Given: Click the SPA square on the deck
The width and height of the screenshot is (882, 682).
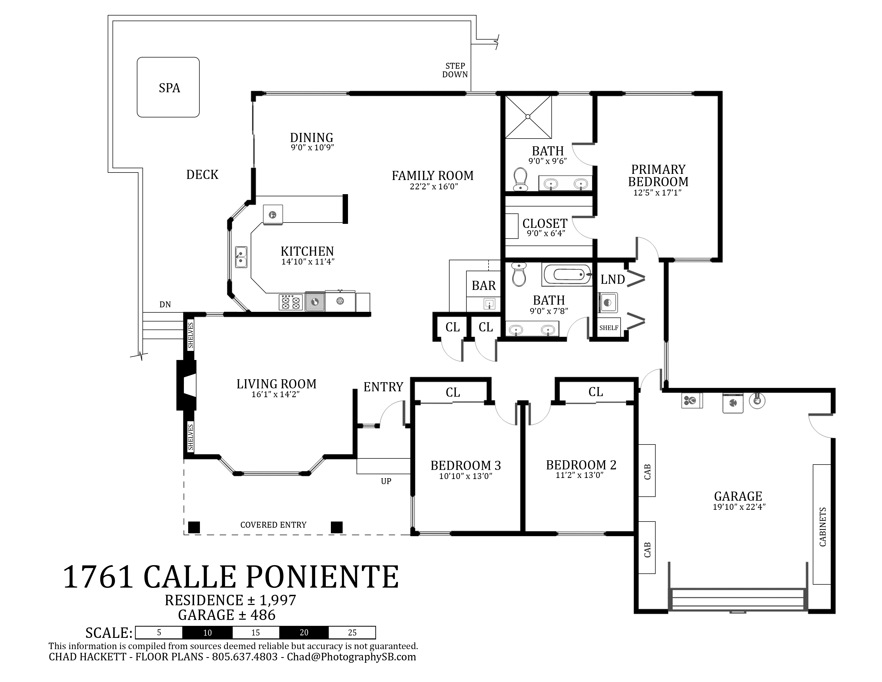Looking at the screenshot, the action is pos(168,87).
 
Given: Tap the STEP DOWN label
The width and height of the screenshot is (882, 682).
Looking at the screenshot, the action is pos(455,70).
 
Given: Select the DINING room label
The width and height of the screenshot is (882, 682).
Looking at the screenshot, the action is pos(312,137).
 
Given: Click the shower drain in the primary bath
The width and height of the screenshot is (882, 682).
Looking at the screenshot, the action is pos(528,117).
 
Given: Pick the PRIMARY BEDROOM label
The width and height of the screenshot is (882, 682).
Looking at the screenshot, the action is pos(658,175).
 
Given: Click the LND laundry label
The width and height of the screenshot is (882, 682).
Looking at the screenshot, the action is pos(613,279).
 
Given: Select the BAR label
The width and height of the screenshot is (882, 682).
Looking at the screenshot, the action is pos(484,286).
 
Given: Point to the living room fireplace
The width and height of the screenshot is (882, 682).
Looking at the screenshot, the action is pos(187,385).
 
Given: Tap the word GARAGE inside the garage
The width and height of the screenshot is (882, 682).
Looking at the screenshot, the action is pos(738,496).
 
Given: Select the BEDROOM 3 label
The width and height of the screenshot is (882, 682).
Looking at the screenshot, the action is pos(466,465).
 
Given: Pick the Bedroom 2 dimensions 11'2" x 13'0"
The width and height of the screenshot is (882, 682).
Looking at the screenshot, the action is pos(579,475).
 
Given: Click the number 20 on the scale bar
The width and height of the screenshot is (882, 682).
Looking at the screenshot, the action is pos(304,632).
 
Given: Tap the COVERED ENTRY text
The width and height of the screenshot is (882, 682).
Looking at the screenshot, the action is pos(273,525).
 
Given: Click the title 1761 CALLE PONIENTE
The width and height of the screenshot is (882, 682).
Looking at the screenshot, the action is pos(231,577).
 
